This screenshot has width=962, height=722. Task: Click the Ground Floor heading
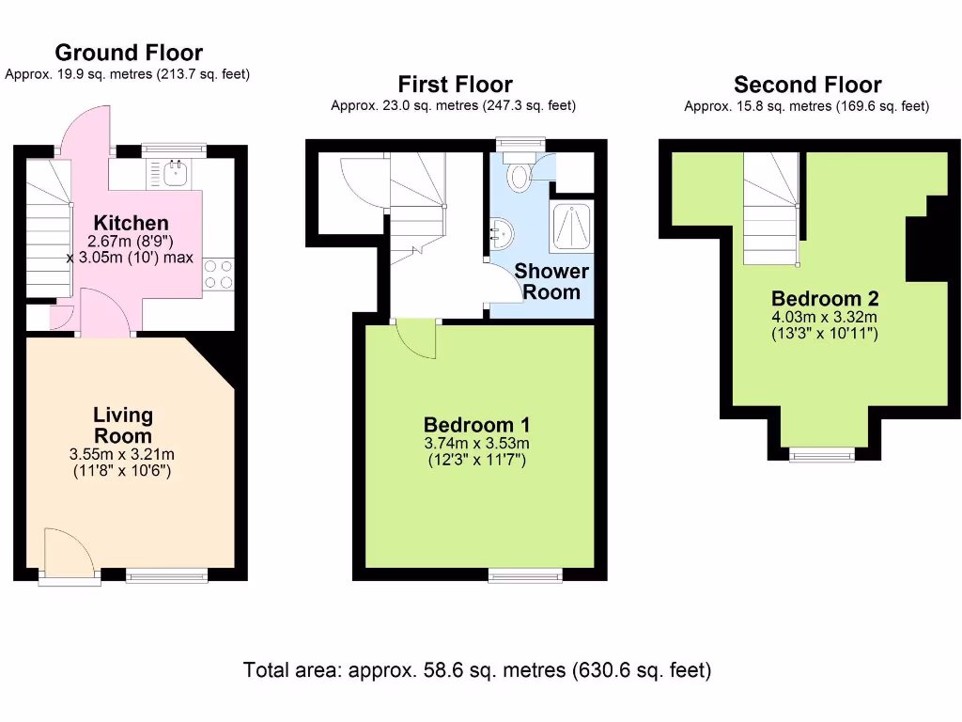click(x=129, y=53)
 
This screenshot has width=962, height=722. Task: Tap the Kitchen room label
click(x=132, y=223)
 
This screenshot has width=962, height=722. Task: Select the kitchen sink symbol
click(x=175, y=172)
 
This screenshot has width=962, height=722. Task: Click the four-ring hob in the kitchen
click(x=219, y=274)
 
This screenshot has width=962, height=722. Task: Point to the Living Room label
click(x=122, y=425)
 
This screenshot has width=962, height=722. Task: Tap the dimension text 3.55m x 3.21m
click(x=121, y=454)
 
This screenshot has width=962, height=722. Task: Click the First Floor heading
click(x=455, y=84)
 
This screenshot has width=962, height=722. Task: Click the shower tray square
click(x=573, y=227)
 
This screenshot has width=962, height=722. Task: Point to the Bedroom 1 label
click(x=477, y=424)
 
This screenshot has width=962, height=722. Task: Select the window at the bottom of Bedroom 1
click(x=525, y=573)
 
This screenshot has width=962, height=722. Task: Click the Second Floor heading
click(x=807, y=85)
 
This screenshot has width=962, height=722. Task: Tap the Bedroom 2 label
click(x=824, y=299)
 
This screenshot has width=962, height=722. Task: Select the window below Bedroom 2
click(x=822, y=455)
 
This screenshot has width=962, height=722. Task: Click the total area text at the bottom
click(x=477, y=670)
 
